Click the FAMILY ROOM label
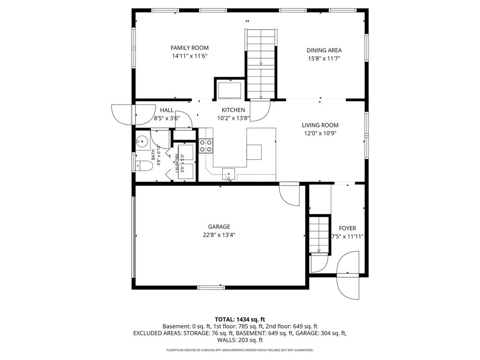tap(189, 48)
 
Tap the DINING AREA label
tap(324, 51)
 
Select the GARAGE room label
tap(219, 227)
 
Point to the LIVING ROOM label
tap(320, 125)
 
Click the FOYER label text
tap(347, 228)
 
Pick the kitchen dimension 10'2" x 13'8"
tap(233, 119)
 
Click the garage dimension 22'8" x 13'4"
tap(219, 235)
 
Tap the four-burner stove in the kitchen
tap(206, 146)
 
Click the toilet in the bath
tap(144, 165)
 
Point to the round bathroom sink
tap(142, 142)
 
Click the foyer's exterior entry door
tap(348, 275)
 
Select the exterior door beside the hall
tap(124, 114)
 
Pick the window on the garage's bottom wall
tap(211, 287)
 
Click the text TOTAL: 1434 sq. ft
tap(240, 320)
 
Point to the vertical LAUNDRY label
tap(177, 163)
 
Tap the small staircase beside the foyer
tap(320, 235)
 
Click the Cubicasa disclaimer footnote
tap(240, 350)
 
